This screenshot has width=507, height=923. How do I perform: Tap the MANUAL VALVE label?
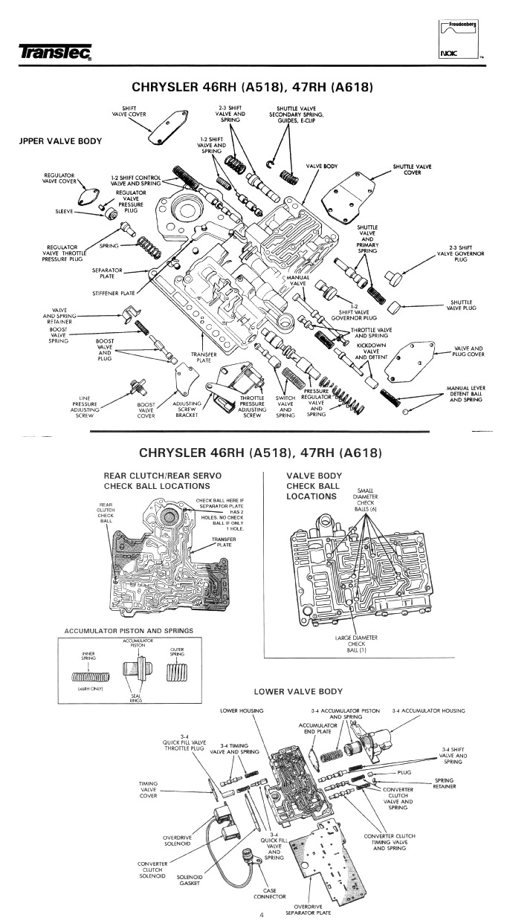[297, 281]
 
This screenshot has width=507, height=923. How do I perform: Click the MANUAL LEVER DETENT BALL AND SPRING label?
[467, 394]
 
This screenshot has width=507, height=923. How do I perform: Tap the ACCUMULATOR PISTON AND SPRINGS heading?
[129, 630]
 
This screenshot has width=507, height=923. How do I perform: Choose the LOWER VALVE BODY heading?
[298, 691]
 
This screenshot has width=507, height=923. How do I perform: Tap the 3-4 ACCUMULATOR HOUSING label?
[429, 710]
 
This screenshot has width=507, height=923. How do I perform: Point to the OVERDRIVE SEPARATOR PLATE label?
[312, 910]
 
